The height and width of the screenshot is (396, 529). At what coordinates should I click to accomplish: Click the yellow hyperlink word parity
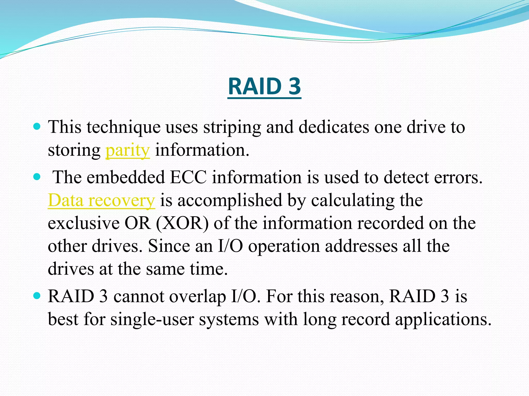[127, 150]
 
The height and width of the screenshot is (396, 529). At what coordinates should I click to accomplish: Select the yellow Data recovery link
[101, 200]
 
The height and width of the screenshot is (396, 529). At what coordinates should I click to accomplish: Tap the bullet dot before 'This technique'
[37, 127]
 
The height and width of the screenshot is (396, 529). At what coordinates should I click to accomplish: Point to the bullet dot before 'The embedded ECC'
[37, 177]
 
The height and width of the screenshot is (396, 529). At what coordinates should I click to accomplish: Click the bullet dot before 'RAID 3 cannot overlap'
[37, 296]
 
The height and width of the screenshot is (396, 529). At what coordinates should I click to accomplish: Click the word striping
[232, 127]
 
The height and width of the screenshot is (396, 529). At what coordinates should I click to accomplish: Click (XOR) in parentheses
[182, 223]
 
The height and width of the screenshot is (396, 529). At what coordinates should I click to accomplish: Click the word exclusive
[83, 223]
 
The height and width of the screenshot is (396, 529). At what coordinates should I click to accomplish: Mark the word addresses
[361, 246]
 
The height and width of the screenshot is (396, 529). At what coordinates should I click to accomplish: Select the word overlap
[198, 297]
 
